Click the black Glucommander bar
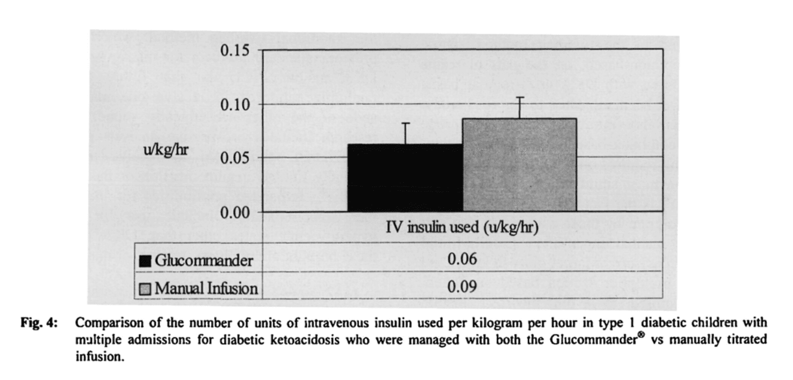(x=405, y=178)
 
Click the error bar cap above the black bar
(x=405, y=123)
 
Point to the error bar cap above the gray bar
(x=519, y=97)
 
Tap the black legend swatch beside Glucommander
(x=145, y=261)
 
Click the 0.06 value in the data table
(x=462, y=260)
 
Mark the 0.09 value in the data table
(x=462, y=288)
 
